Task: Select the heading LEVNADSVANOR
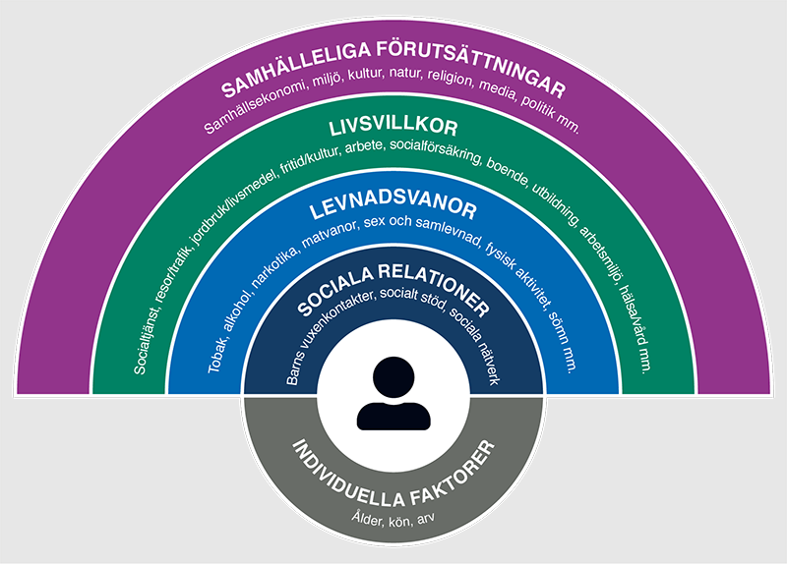pos(393,209)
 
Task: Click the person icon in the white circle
pos(393,393)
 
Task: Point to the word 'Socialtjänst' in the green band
pos(145,344)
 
